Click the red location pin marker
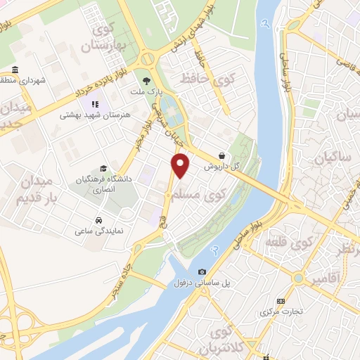pos(181,165)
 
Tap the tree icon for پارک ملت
pos(146,81)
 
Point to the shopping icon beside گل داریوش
pos(222,155)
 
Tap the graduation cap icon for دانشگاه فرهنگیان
pos(103,169)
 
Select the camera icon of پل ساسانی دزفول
pos(202,272)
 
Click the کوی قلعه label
pos(288,244)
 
